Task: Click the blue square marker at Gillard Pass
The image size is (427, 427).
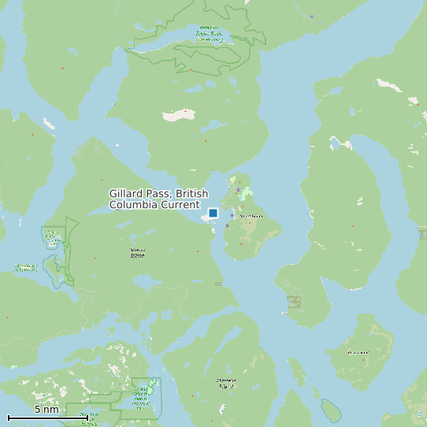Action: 213,213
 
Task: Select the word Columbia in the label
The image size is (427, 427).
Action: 135,205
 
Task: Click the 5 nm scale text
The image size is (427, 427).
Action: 46,410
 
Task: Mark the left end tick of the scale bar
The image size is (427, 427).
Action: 9,417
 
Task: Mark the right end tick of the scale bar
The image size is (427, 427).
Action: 87,417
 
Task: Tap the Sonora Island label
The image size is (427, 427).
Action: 138,253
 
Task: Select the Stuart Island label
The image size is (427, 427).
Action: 251,217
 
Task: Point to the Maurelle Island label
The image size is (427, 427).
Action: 226,383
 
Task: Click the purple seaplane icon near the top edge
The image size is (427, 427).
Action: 311,16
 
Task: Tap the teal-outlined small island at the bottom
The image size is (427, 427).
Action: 330,410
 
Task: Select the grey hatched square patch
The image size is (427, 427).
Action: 294,302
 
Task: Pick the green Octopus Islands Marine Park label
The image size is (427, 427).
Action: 142,393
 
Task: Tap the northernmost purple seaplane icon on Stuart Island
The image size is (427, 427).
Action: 237,190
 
